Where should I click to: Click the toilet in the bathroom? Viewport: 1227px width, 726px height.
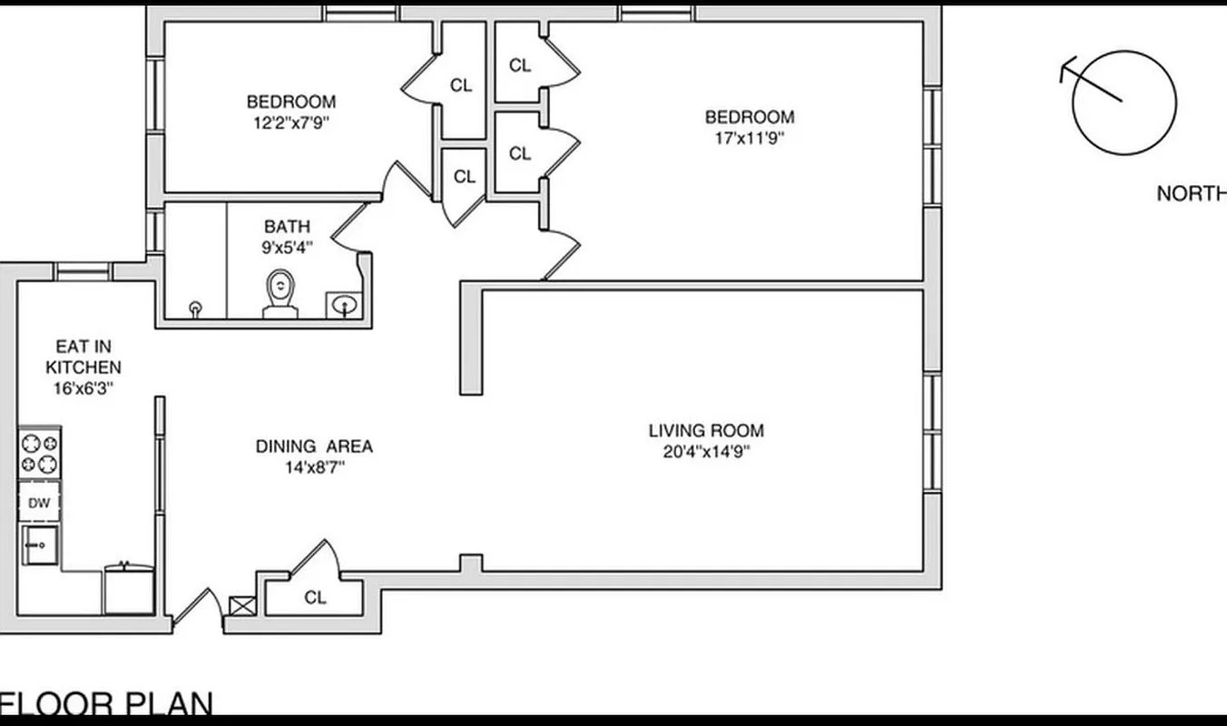click(280, 296)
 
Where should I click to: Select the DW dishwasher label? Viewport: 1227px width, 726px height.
click(39, 503)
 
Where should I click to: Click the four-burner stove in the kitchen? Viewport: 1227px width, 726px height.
click(39, 454)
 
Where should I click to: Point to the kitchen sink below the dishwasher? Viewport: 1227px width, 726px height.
click(40, 545)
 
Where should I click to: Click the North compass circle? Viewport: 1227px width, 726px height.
click(1124, 103)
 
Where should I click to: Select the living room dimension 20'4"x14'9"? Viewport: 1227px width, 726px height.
click(706, 451)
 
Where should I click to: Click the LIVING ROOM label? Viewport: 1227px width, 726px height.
click(706, 431)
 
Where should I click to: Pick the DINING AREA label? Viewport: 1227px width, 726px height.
click(314, 446)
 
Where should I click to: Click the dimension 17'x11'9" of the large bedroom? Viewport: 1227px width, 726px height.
click(750, 139)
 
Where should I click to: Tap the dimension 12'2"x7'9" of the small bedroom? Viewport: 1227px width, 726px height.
click(290, 123)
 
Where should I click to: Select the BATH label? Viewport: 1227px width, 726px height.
click(287, 227)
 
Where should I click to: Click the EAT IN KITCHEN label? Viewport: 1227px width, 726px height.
click(83, 358)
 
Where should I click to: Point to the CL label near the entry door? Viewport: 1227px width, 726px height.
click(315, 598)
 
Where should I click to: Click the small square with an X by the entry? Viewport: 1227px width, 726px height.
click(242, 606)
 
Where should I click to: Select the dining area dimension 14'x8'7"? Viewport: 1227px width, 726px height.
click(314, 468)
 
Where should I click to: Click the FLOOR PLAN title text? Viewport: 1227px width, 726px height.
click(107, 704)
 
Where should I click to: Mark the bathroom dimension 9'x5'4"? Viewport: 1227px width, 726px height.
click(287, 247)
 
